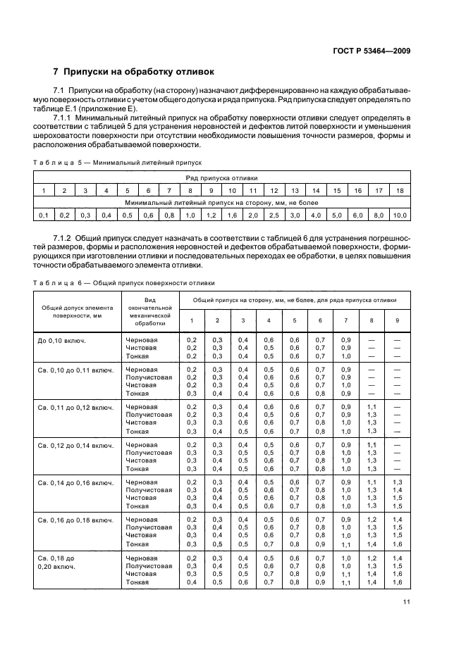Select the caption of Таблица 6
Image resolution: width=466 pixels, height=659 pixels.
coord(124,283)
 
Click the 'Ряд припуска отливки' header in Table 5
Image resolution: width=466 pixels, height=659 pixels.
coord(221,178)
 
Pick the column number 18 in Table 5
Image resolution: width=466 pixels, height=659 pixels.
coord(399,191)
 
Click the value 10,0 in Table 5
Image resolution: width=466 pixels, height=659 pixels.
coord(399,214)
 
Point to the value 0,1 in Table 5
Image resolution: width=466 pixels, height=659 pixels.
coord(43,214)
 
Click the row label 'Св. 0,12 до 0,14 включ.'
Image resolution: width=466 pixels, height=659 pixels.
coord(75,445)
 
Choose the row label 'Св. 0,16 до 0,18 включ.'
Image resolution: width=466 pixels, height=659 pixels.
coord(75,519)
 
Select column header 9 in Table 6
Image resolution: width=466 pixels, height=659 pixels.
coord(397,320)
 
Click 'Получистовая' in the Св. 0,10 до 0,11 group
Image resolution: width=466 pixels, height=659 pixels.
coord(149,377)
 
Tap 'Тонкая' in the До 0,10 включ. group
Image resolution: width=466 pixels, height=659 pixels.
coord(137,356)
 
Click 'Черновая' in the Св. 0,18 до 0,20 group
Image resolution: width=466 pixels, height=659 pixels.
coord(142,557)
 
